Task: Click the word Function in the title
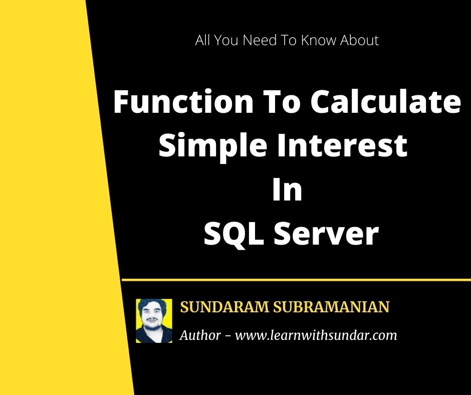[183, 102]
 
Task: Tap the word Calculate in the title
[384, 102]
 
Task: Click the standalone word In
[287, 190]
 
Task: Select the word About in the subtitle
[359, 41]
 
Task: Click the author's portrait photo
[154, 321]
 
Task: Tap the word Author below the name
[200, 335]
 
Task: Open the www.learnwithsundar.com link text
[316, 335]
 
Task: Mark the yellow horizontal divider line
[296, 280]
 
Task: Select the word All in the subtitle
[203, 41]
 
